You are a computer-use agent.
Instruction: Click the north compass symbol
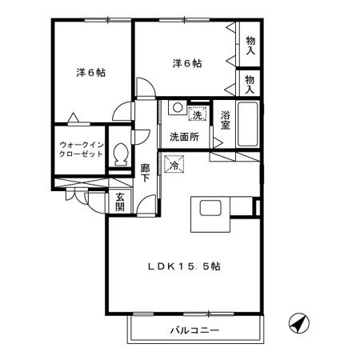click(x=299, y=323)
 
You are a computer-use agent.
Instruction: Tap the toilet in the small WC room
click(x=121, y=154)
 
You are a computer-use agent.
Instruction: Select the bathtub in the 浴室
click(x=248, y=124)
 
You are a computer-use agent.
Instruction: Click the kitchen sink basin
click(x=210, y=208)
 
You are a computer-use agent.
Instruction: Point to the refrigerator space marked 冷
click(x=174, y=164)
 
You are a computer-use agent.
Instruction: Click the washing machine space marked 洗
click(x=198, y=114)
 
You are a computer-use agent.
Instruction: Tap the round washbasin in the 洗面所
click(x=177, y=108)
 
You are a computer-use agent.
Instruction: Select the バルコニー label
click(x=194, y=330)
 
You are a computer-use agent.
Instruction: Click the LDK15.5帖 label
click(x=184, y=266)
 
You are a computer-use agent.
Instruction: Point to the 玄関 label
click(x=120, y=202)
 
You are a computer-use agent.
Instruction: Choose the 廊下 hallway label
click(x=145, y=173)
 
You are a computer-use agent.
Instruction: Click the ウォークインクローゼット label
click(x=81, y=150)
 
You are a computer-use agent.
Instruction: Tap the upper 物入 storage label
click(x=250, y=46)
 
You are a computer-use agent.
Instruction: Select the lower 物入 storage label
click(x=250, y=84)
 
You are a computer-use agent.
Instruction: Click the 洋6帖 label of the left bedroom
click(x=91, y=73)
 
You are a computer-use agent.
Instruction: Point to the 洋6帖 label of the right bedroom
click(x=187, y=63)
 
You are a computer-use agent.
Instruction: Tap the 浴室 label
click(x=226, y=120)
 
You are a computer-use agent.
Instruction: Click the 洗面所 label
click(x=185, y=137)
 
